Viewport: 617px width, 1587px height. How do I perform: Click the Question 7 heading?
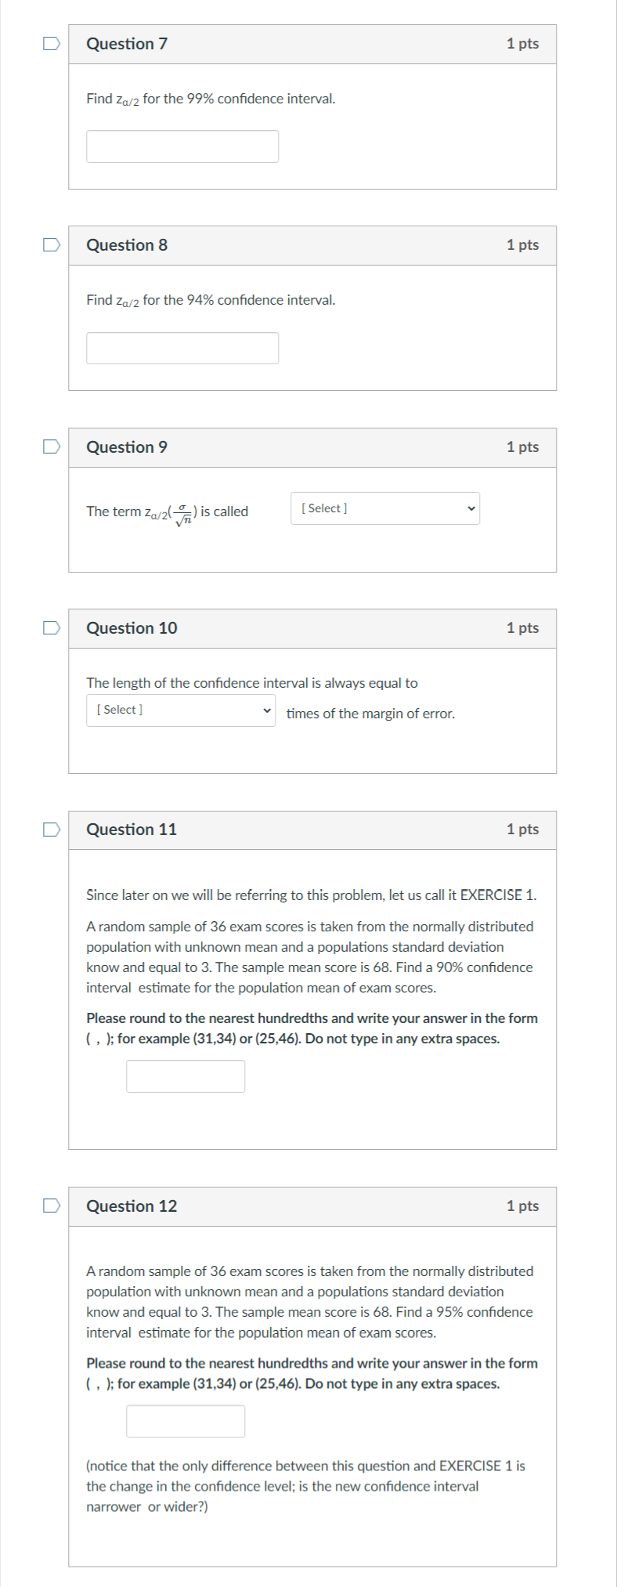(x=126, y=44)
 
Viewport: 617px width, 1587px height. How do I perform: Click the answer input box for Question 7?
(x=182, y=146)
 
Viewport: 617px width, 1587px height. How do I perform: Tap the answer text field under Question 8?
(x=182, y=348)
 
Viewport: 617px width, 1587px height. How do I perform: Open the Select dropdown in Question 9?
(x=384, y=508)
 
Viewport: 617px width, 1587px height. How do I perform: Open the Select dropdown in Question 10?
(x=180, y=710)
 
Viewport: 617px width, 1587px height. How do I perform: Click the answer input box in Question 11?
(x=186, y=1075)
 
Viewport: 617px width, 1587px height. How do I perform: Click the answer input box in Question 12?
(x=186, y=1420)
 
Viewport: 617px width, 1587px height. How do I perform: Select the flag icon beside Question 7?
(x=51, y=44)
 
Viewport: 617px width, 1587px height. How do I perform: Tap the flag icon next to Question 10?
(x=51, y=627)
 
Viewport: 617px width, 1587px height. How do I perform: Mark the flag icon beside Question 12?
(x=51, y=1206)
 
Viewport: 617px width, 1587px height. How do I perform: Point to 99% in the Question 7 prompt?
(x=200, y=99)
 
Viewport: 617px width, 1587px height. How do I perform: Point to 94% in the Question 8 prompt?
(x=200, y=300)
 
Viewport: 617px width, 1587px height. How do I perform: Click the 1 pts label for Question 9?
(x=522, y=446)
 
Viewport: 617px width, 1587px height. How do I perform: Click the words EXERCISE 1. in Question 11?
(x=498, y=895)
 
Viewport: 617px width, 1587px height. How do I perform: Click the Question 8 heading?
(x=126, y=245)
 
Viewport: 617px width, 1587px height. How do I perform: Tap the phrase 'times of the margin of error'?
(x=370, y=714)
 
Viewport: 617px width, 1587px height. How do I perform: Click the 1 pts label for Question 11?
(x=522, y=829)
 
